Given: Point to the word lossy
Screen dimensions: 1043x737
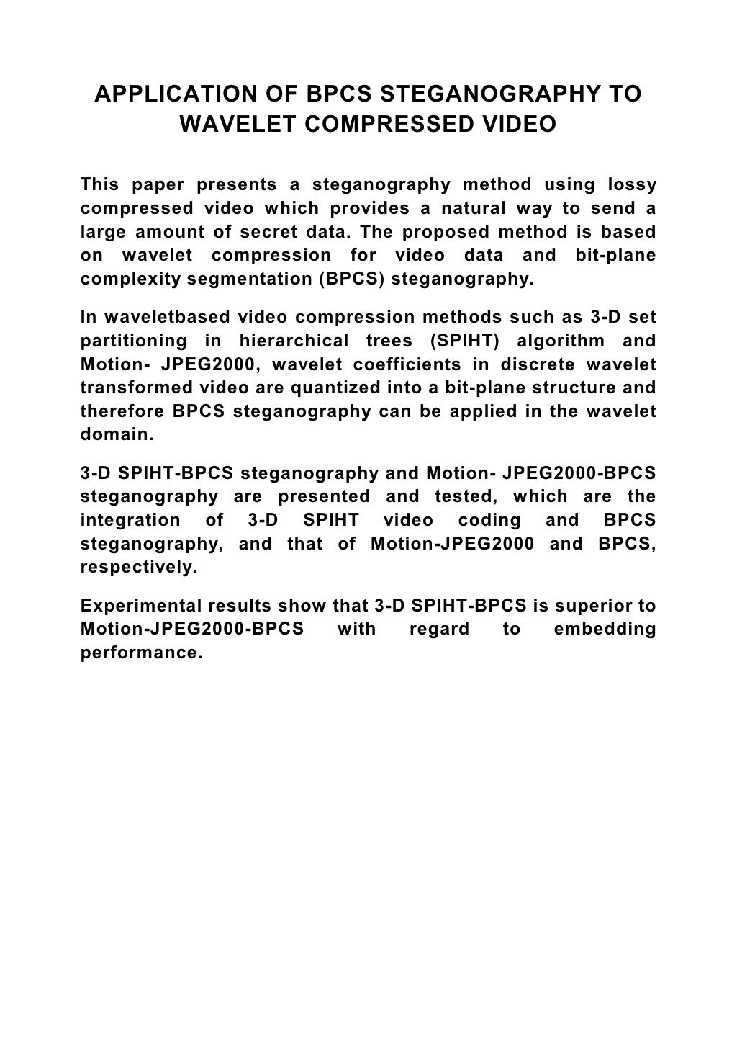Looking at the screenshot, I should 631,185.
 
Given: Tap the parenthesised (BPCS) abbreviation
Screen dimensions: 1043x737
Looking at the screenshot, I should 349,279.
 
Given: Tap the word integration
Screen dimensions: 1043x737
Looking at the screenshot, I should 130,520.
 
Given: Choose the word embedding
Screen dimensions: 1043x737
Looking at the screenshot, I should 605,629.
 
